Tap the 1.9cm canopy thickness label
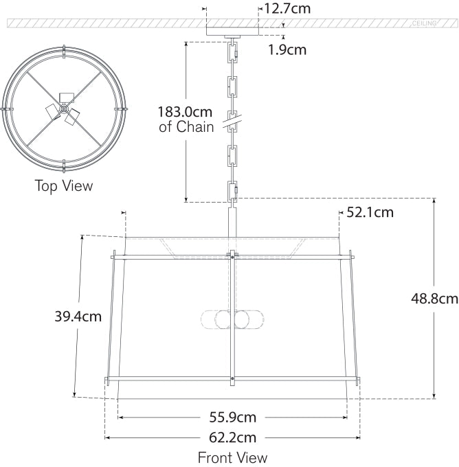pos(287,49)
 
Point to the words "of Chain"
pos(187,127)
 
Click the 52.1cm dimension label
pos(370,212)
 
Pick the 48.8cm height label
pos(434,299)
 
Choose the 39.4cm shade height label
pos(78,317)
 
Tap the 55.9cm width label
pos(233,417)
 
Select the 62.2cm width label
pos(233,437)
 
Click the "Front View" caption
pos(232,457)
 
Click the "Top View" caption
pos(63,185)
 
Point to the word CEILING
pos(424,23)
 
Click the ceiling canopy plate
pos(232,31)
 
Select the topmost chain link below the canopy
pos(232,50)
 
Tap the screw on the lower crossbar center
pos(233,378)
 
